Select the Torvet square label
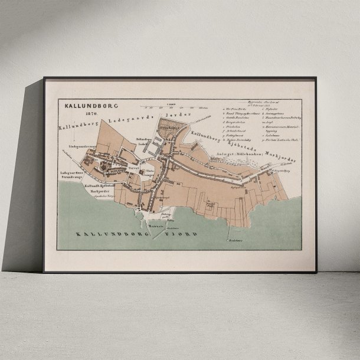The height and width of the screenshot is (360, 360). (x=133, y=168)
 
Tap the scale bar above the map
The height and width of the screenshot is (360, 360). (x=174, y=107)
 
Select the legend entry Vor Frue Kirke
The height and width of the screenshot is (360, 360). (x=237, y=109)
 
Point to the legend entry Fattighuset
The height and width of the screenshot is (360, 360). (x=235, y=136)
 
